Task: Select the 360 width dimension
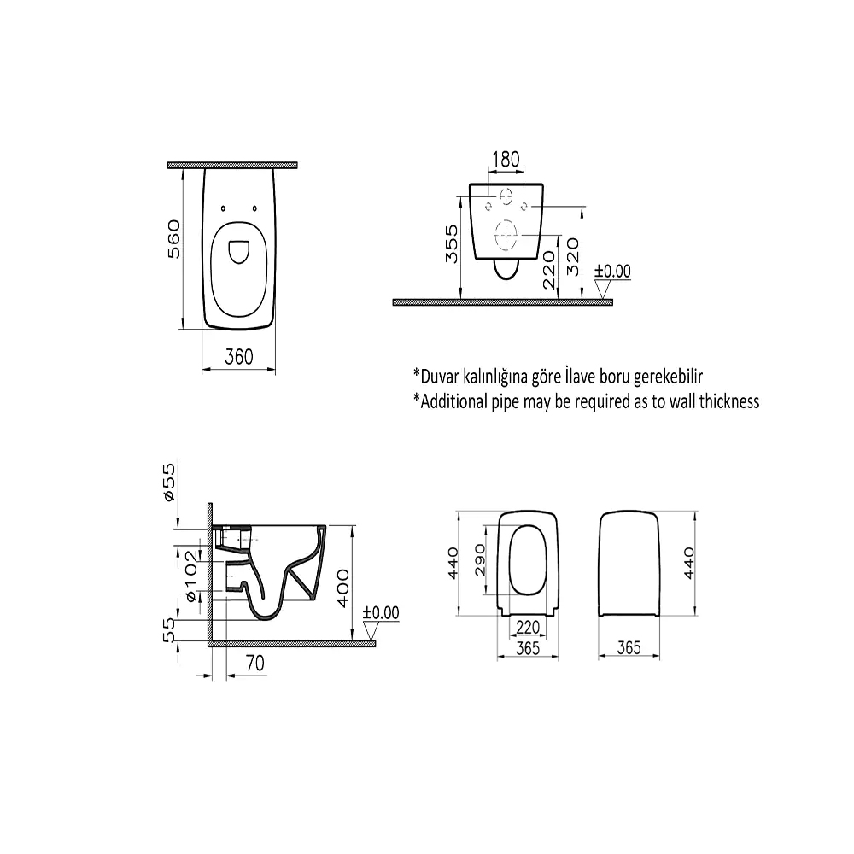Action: pos(239,357)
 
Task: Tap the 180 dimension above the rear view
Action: pos(506,159)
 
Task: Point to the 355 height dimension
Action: pos(452,244)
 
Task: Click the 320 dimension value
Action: pos(573,256)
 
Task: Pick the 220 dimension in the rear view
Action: pos(549,269)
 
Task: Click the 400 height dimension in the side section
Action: pos(343,588)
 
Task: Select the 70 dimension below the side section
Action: pos(254,663)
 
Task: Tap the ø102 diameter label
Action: pos(191,576)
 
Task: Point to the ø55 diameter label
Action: pos(169,482)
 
